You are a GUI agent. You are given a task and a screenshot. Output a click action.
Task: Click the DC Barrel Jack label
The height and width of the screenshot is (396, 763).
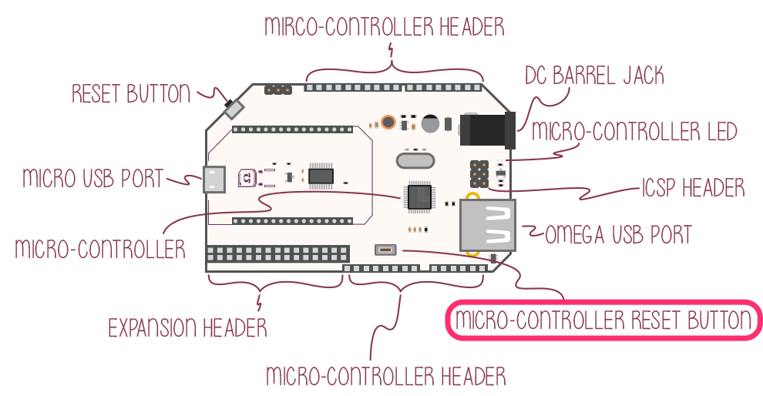coord(593,76)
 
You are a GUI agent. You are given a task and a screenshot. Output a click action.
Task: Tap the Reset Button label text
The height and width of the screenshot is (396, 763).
coord(130,94)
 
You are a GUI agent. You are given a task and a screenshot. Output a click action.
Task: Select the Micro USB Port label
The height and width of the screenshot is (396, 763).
coord(93,179)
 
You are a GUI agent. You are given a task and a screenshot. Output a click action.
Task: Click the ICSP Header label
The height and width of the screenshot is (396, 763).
coord(693,187)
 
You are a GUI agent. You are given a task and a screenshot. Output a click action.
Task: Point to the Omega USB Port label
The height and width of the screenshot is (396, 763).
coord(618,233)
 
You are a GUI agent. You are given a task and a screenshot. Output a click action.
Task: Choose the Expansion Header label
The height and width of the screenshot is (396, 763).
coord(187,327)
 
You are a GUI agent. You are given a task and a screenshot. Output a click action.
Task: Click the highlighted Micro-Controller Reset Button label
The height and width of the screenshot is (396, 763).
coord(603,320)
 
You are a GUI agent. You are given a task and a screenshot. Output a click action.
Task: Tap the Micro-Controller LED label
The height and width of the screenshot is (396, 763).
coord(634,131)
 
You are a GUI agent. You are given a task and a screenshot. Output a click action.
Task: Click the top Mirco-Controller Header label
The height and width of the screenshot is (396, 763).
coord(384,27)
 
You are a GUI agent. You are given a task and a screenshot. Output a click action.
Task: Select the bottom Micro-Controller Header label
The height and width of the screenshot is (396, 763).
coord(385,377)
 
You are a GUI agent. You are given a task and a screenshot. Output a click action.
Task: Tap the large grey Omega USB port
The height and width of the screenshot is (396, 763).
coord(489,224)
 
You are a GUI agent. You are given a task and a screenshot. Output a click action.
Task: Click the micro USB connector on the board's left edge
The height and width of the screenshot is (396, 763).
coord(213,180)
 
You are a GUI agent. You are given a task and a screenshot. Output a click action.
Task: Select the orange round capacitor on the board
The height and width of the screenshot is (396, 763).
coord(388,122)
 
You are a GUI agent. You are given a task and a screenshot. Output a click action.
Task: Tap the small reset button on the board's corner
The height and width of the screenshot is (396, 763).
coord(231,108)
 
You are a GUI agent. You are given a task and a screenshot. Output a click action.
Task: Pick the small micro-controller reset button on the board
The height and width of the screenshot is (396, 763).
coord(385,250)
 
